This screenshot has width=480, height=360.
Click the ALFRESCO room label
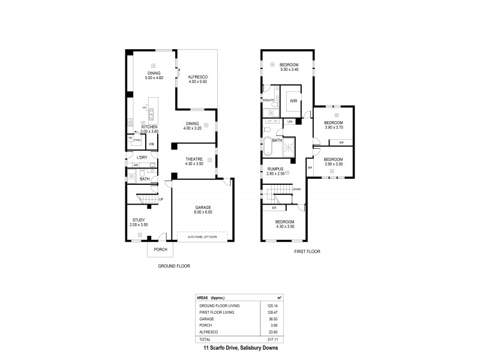[197, 77]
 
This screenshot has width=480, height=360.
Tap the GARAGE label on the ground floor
[202, 208]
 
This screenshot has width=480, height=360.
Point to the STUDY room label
[139, 220]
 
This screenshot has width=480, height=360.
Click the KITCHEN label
[149, 127]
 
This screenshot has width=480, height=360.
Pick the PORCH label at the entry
[160, 249]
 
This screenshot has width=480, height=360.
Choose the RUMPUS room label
[277, 168]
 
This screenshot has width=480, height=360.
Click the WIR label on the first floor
[293, 101]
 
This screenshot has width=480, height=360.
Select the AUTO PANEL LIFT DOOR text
[202, 236]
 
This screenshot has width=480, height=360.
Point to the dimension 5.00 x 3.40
[289, 70]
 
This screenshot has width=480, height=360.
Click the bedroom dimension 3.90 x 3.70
[333, 127]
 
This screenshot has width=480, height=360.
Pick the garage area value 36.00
[277, 320]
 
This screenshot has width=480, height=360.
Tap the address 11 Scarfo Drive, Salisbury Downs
[239, 348]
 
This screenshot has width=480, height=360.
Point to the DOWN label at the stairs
[297, 189]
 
